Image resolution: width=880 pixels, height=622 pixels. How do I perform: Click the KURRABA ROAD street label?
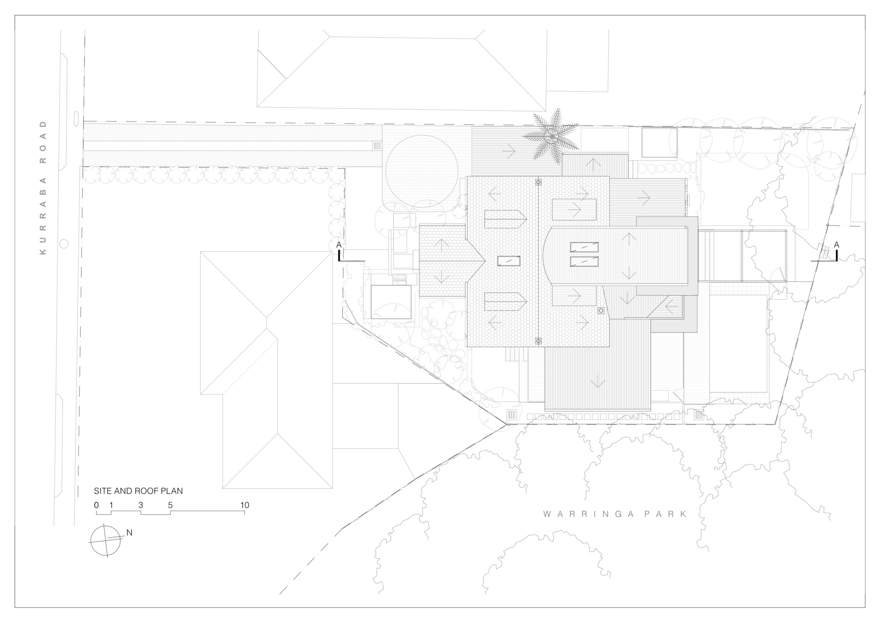(x=44, y=187)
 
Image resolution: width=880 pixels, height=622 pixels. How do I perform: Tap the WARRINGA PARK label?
(x=616, y=514)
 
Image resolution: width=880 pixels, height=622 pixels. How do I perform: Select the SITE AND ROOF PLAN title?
(x=138, y=491)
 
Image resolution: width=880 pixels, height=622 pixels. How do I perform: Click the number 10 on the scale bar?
(x=245, y=505)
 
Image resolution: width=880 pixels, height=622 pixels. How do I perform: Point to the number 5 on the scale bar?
(x=170, y=505)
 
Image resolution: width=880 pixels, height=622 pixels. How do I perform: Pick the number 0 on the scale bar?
(x=96, y=505)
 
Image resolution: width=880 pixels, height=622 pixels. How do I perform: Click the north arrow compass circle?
(x=106, y=541)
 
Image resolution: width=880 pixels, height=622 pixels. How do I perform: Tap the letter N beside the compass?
(x=129, y=533)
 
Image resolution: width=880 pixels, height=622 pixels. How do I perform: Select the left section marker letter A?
(x=339, y=245)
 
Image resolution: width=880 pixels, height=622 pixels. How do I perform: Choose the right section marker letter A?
(x=836, y=245)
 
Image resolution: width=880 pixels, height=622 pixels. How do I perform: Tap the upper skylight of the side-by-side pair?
(x=584, y=247)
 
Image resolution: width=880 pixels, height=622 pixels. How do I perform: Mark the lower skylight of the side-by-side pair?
(x=584, y=262)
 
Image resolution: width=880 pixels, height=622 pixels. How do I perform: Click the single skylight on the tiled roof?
(x=509, y=261)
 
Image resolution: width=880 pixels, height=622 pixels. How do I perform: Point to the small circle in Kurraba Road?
(x=64, y=244)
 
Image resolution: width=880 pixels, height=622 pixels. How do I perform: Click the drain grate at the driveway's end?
(x=377, y=146)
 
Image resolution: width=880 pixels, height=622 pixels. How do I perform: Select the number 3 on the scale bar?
(x=141, y=505)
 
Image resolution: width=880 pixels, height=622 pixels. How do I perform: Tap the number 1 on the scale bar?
(x=111, y=505)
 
